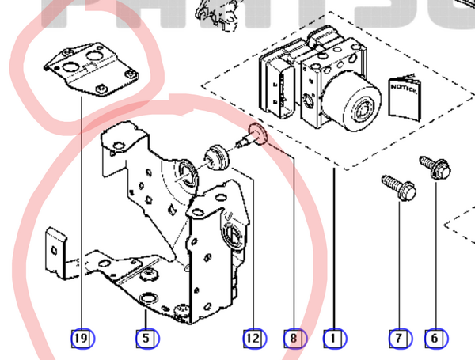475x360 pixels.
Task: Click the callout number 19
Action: (81, 339)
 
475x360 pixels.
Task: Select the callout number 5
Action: (146, 339)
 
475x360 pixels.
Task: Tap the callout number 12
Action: (253, 339)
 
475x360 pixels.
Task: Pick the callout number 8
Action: (294, 339)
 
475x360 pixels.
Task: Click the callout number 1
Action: (334, 339)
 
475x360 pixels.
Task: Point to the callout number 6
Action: (435, 339)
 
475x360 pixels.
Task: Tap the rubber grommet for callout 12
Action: (216, 157)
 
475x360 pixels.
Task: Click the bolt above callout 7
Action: (398, 188)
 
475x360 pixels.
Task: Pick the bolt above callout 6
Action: (435, 167)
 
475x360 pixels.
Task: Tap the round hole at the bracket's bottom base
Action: (147, 299)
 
